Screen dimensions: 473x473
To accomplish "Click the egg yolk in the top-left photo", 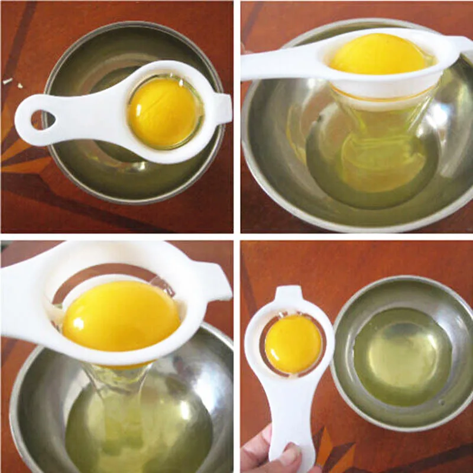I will tap(163, 112).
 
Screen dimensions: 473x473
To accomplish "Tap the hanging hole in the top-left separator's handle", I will tap(43, 119).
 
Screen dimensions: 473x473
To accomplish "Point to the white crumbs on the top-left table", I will tap(9, 80).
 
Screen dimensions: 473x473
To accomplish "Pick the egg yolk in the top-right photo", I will tap(378, 54).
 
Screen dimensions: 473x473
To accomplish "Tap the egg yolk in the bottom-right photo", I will tap(293, 344).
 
